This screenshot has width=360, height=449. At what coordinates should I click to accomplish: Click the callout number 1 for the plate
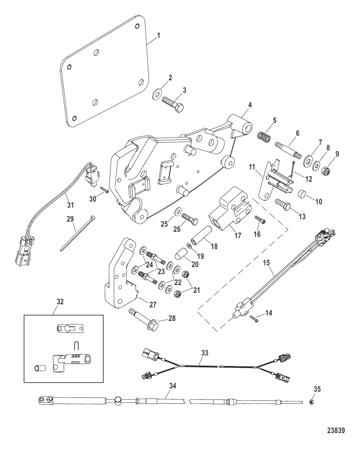pyautogui.click(x=159, y=35)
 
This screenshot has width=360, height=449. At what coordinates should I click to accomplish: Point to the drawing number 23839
pyautogui.click(x=336, y=431)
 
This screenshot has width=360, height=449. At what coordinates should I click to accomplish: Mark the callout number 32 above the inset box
pyautogui.click(x=60, y=302)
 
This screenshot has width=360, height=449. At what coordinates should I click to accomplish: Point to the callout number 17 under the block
pyautogui.click(x=238, y=235)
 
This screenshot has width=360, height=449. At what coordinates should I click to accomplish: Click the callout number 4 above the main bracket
pyautogui.click(x=250, y=105)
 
